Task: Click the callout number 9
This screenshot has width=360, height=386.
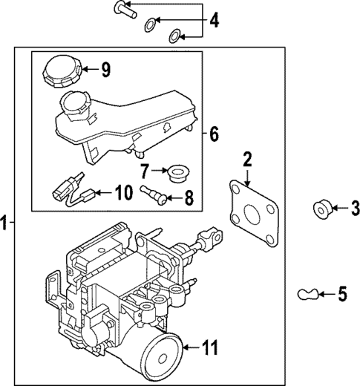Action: click(x=105, y=70)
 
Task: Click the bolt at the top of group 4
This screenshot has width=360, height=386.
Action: click(x=122, y=10)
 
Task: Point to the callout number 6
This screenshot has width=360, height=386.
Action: click(x=213, y=134)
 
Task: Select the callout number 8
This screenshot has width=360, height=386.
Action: click(x=189, y=197)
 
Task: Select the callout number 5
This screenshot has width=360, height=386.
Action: click(x=342, y=295)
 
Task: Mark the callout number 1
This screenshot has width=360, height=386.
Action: click(x=6, y=222)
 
